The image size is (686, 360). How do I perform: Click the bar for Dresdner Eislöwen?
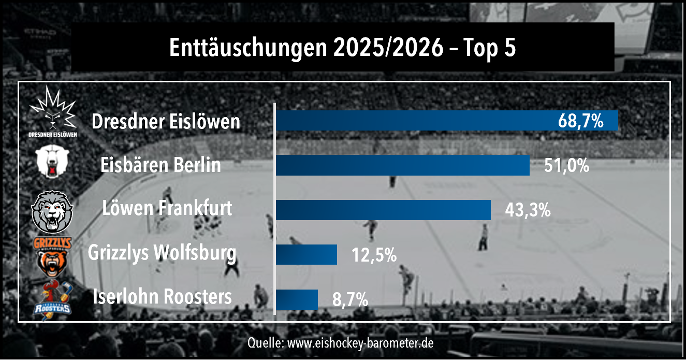click(x=414, y=121)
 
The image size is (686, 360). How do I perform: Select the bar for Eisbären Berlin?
click(x=402, y=165)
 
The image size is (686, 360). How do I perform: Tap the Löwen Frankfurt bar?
click(x=383, y=210)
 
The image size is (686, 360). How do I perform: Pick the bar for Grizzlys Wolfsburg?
click(x=306, y=255)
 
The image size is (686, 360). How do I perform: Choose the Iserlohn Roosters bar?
click(x=296, y=299)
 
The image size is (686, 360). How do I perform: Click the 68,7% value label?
click(x=580, y=121)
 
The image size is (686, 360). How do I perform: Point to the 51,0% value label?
click(x=566, y=166)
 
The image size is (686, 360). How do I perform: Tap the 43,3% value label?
click(x=527, y=210)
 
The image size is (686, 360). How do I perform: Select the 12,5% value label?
click(x=374, y=255)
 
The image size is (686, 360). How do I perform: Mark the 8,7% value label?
click(x=350, y=299)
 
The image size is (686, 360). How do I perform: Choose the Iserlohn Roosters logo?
click(x=53, y=299)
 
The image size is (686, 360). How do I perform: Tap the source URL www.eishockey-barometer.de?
click(x=360, y=343)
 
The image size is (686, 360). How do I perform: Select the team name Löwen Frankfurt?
click(x=167, y=209)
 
